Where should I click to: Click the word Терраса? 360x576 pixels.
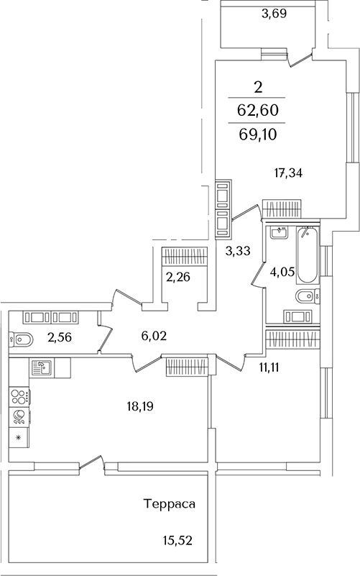tap(169, 504)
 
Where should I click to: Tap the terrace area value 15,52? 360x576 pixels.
tap(177, 541)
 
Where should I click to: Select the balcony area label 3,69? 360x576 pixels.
tap(274, 14)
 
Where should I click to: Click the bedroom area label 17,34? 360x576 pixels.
tap(288, 173)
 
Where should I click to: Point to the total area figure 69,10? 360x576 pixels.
tap(258, 134)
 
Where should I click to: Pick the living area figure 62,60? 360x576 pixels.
tap(258, 110)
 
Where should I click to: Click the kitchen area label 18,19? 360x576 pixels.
tap(140, 406)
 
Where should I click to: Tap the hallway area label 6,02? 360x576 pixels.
tap(154, 335)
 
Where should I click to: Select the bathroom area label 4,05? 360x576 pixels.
tap(282, 272)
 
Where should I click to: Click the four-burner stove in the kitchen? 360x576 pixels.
tap(19, 397)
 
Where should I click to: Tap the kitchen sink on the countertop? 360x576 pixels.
tap(42, 367)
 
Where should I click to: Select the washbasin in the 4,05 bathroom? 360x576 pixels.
tap(280, 233)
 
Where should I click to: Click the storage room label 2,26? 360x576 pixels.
tap(178, 276)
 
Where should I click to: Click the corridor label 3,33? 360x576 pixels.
tap(238, 251)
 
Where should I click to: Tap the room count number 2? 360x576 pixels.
tap(258, 88)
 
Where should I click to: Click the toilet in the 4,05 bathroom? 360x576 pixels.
tap(308, 296)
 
